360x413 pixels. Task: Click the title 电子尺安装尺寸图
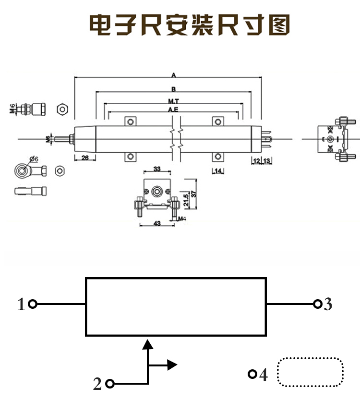pyautogui.click(x=190, y=25)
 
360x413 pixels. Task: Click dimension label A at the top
pyautogui.click(x=174, y=75)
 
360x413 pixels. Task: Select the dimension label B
pyautogui.click(x=174, y=89)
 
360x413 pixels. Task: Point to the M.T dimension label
pyautogui.click(x=174, y=102)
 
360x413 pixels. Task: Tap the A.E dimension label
pyautogui.click(x=174, y=110)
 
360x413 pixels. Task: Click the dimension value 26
pyautogui.click(x=85, y=158)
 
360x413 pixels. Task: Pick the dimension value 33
pyautogui.click(x=157, y=169)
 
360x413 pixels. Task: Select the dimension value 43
pyautogui.click(x=156, y=224)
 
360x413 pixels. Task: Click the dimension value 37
pyautogui.click(x=194, y=194)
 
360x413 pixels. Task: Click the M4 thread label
pyautogui.click(x=182, y=219)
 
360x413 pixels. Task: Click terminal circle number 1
pyautogui.click(x=33, y=304)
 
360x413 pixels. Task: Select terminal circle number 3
pyautogui.click(x=317, y=304)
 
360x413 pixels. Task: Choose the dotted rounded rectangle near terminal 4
pyautogui.click(x=311, y=372)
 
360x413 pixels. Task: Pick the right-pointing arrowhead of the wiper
pyautogui.click(x=172, y=365)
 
